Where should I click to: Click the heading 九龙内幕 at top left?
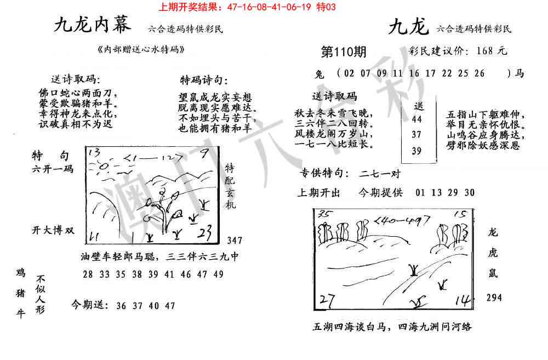pyautogui.click(x=93, y=26)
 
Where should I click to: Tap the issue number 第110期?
pyautogui.click(x=343, y=52)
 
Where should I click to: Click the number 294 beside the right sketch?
pyautogui.click(x=494, y=298)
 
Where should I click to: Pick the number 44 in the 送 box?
pyautogui.click(x=416, y=119)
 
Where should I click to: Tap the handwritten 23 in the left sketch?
pyautogui.click(x=207, y=232)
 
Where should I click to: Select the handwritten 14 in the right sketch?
pyautogui.click(x=463, y=300)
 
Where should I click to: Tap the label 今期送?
pyautogui.click(x=89, y=305)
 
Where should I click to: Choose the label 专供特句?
pyautogui.click(x=324, y=174)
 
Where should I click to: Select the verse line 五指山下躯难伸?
pyautogui.click(x=486, y=116)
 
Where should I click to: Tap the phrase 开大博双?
pyautogui.click(x=53, y=230)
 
